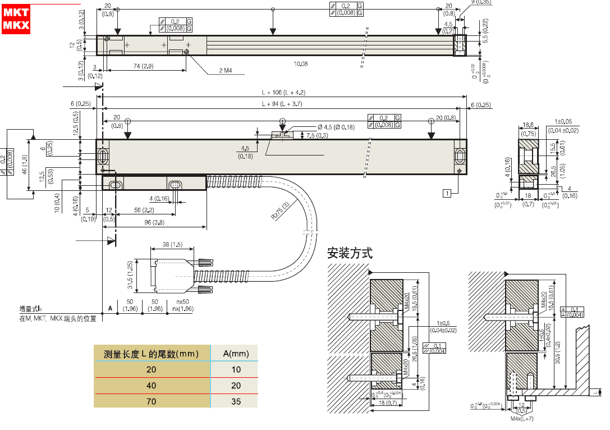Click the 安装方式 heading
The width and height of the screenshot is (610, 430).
point(350,253)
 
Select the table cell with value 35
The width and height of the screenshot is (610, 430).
point(236,401)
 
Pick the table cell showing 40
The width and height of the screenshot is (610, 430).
point(152,385)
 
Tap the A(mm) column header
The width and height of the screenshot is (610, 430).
point(236,354)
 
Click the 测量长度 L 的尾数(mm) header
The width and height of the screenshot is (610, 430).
point(152,354)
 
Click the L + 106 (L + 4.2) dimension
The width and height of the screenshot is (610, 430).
point(283,93)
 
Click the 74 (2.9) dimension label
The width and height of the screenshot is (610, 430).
point(144,66)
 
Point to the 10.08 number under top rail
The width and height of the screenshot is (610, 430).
point(301,64)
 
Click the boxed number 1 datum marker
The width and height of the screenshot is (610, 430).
point(447,194)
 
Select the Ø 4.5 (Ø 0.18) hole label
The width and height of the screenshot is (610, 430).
point(336,127)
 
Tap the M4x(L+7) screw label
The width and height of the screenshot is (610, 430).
point(521,419)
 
